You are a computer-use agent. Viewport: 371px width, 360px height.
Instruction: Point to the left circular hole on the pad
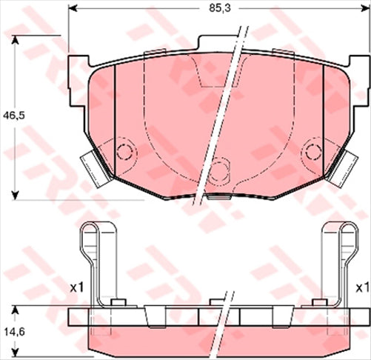click(124, 153)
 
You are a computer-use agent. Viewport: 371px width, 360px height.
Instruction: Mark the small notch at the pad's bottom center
click(218, 198)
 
